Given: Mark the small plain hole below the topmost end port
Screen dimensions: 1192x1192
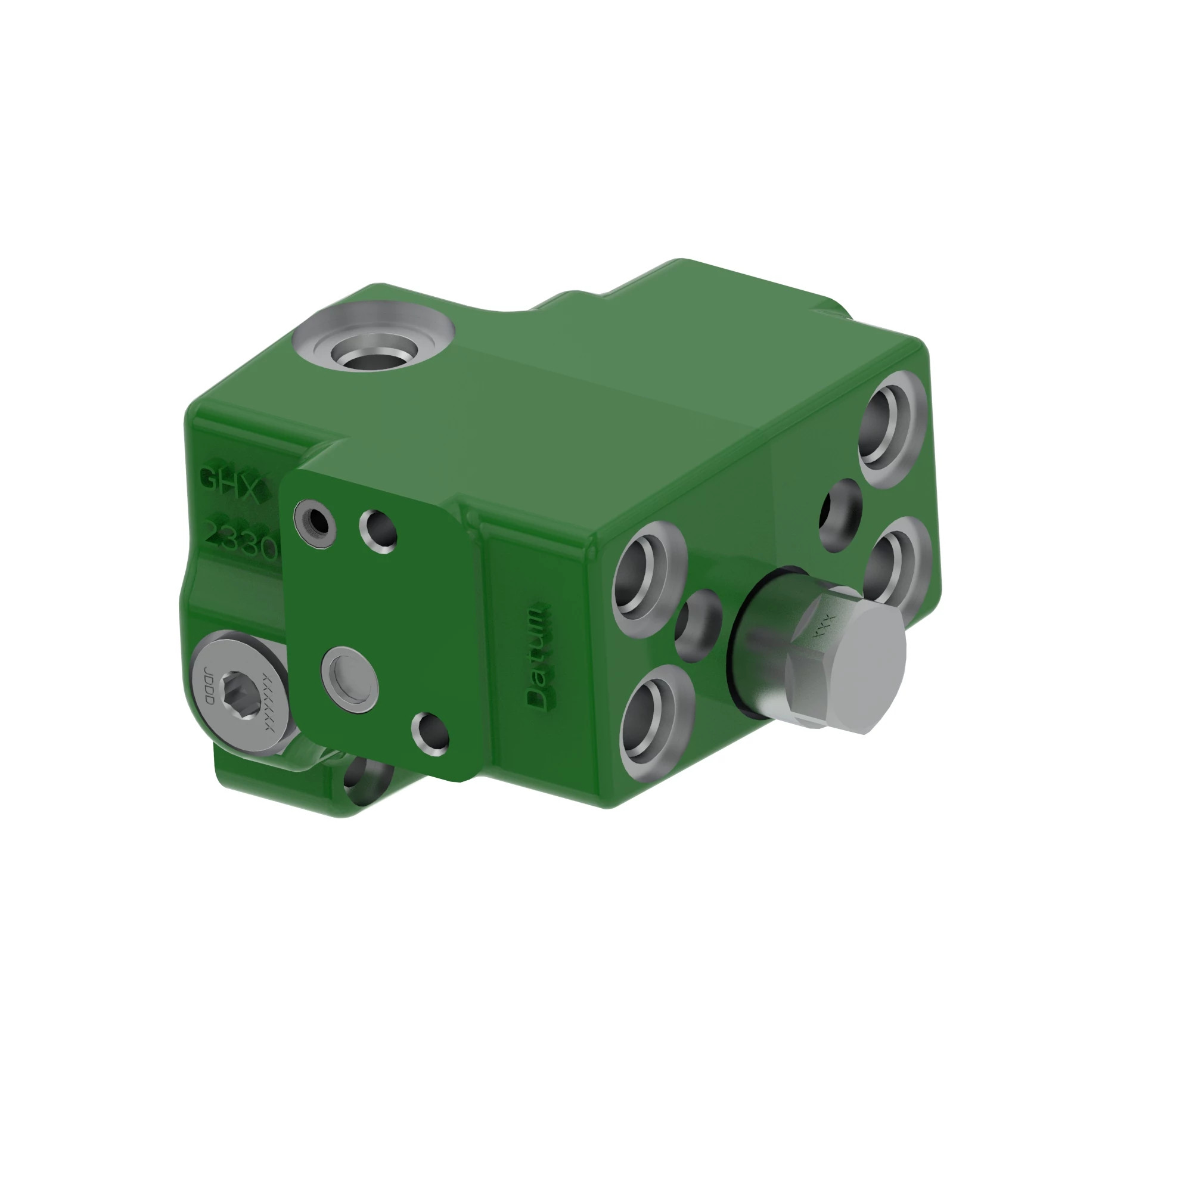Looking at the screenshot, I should point(841,516).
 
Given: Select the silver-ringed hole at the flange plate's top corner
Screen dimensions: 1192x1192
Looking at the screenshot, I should point(315,524).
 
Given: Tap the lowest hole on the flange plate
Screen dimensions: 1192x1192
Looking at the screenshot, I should point(430,735).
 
